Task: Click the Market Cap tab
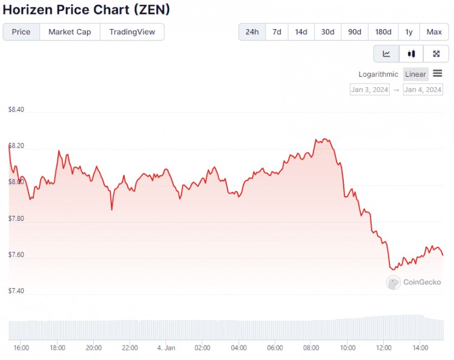tap(70, 32)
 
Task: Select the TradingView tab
tap(132, 32)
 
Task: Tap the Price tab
tap(21, 32)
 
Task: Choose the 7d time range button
tap(277, 32)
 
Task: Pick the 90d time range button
tap(355, 32)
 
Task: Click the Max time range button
tap(434, 32)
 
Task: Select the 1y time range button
tap(409, 32)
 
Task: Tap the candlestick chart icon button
tap(412, 54)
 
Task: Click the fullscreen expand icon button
tap(436, 54)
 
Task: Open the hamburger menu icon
tap(438, 74)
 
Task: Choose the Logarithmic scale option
tap(379, 74)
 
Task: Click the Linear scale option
tap(416, 74)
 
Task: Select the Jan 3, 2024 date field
tap(369, 90)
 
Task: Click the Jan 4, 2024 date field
tap(423, 90)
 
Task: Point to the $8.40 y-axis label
tap(16, 110)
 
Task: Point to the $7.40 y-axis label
tap(16, 291)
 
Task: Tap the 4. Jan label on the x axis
tap(166, 348)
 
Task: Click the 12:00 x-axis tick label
tap(384, 348)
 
